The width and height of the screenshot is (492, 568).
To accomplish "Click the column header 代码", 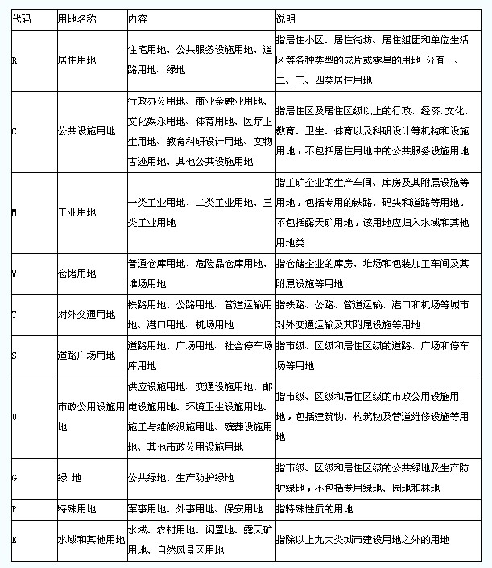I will (22, 18).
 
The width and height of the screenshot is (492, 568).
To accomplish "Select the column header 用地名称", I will (78, 18).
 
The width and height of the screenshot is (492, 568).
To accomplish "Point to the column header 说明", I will (285, 18).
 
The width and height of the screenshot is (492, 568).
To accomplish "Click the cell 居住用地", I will (77, 60).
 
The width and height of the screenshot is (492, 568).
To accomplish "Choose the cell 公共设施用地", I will (83, 130).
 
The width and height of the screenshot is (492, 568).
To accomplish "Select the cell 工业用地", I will (77, 212).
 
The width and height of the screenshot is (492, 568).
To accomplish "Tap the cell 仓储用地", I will (77, 274).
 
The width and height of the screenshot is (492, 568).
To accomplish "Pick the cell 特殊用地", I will (77, 508).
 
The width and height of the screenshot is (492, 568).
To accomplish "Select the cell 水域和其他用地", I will (91, 539).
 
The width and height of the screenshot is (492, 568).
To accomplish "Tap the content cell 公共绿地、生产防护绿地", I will (180, 478).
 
